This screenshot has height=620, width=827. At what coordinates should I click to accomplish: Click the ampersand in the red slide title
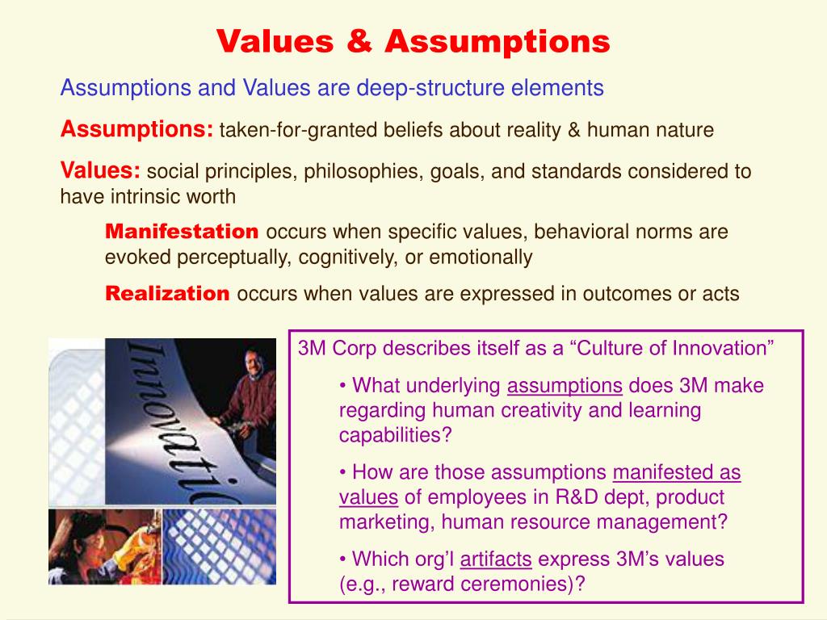point(365,41)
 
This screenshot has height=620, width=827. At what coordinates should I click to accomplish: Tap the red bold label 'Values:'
point(101,170)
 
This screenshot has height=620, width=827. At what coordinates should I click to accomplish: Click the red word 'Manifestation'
point(182,232)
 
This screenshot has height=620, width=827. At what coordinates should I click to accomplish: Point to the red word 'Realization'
point(167,294)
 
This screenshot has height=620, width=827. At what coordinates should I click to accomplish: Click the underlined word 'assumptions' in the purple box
point(565,386)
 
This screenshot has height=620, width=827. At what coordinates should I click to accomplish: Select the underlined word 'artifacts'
point(496,559)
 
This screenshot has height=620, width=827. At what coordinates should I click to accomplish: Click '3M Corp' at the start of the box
point(334,349)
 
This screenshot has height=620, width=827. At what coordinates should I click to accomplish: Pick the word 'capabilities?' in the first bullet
point(396,436)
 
